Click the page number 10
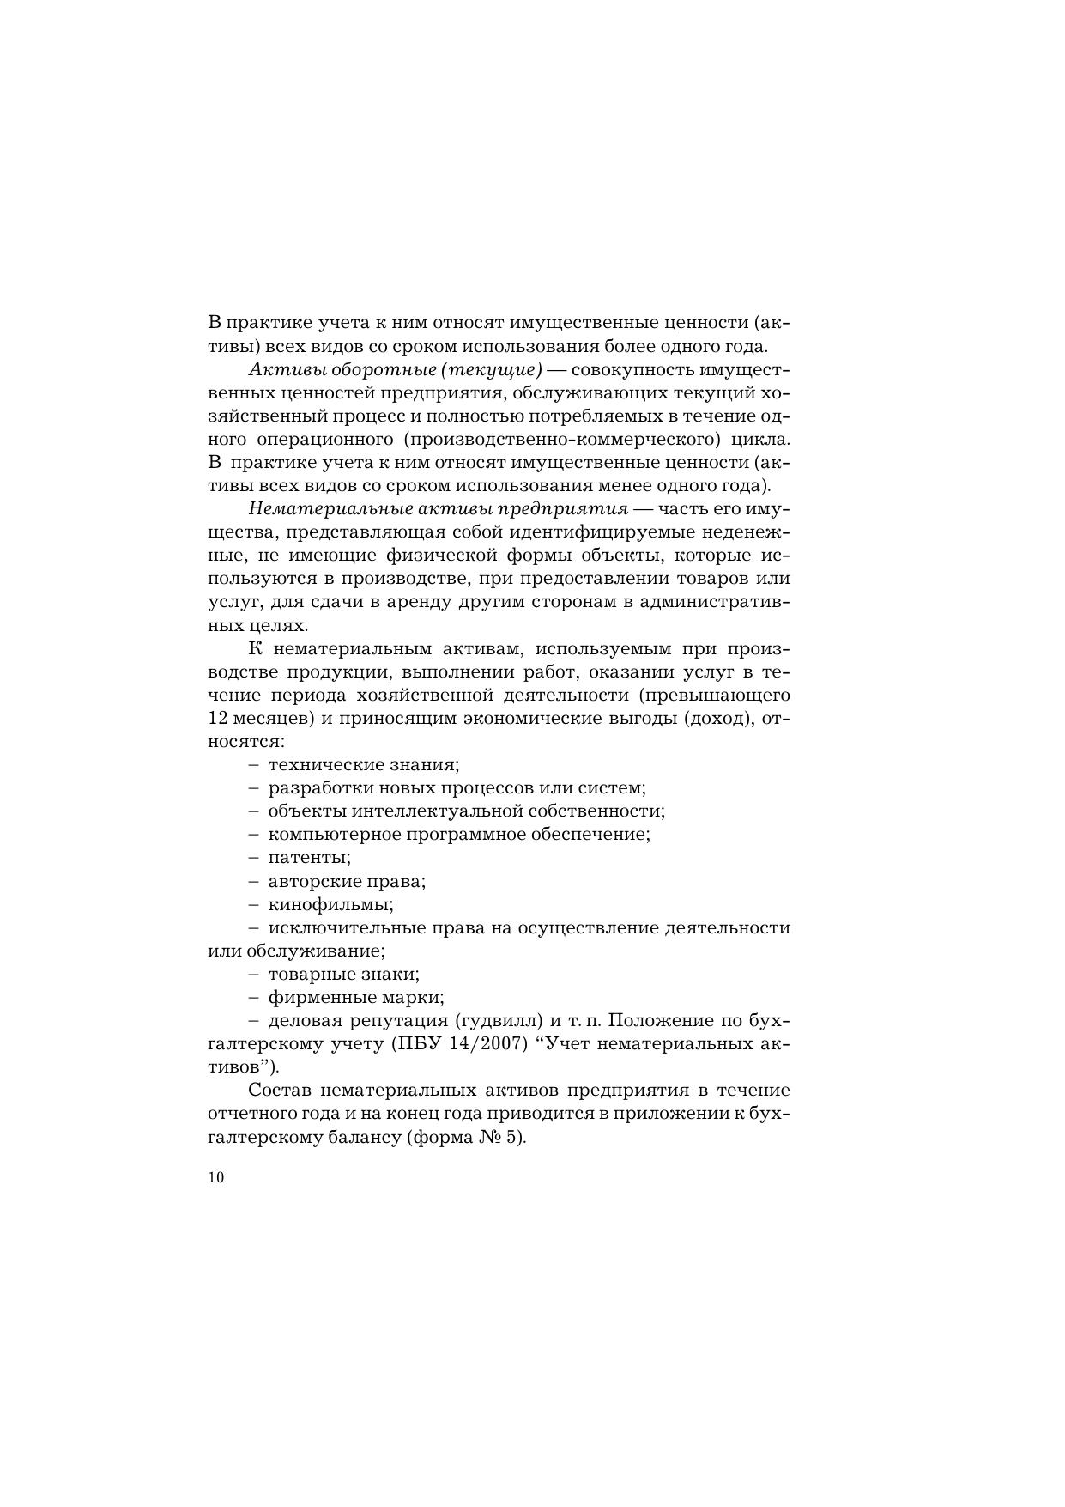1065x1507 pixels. coord(215,1177)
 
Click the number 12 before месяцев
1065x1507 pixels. coord(217,719)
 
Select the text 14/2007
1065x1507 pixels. coord(492,1044)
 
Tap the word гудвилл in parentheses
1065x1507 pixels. coord(499,1021)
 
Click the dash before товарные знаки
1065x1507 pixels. coord(253,975)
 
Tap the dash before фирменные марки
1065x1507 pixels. coord(253,998)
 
